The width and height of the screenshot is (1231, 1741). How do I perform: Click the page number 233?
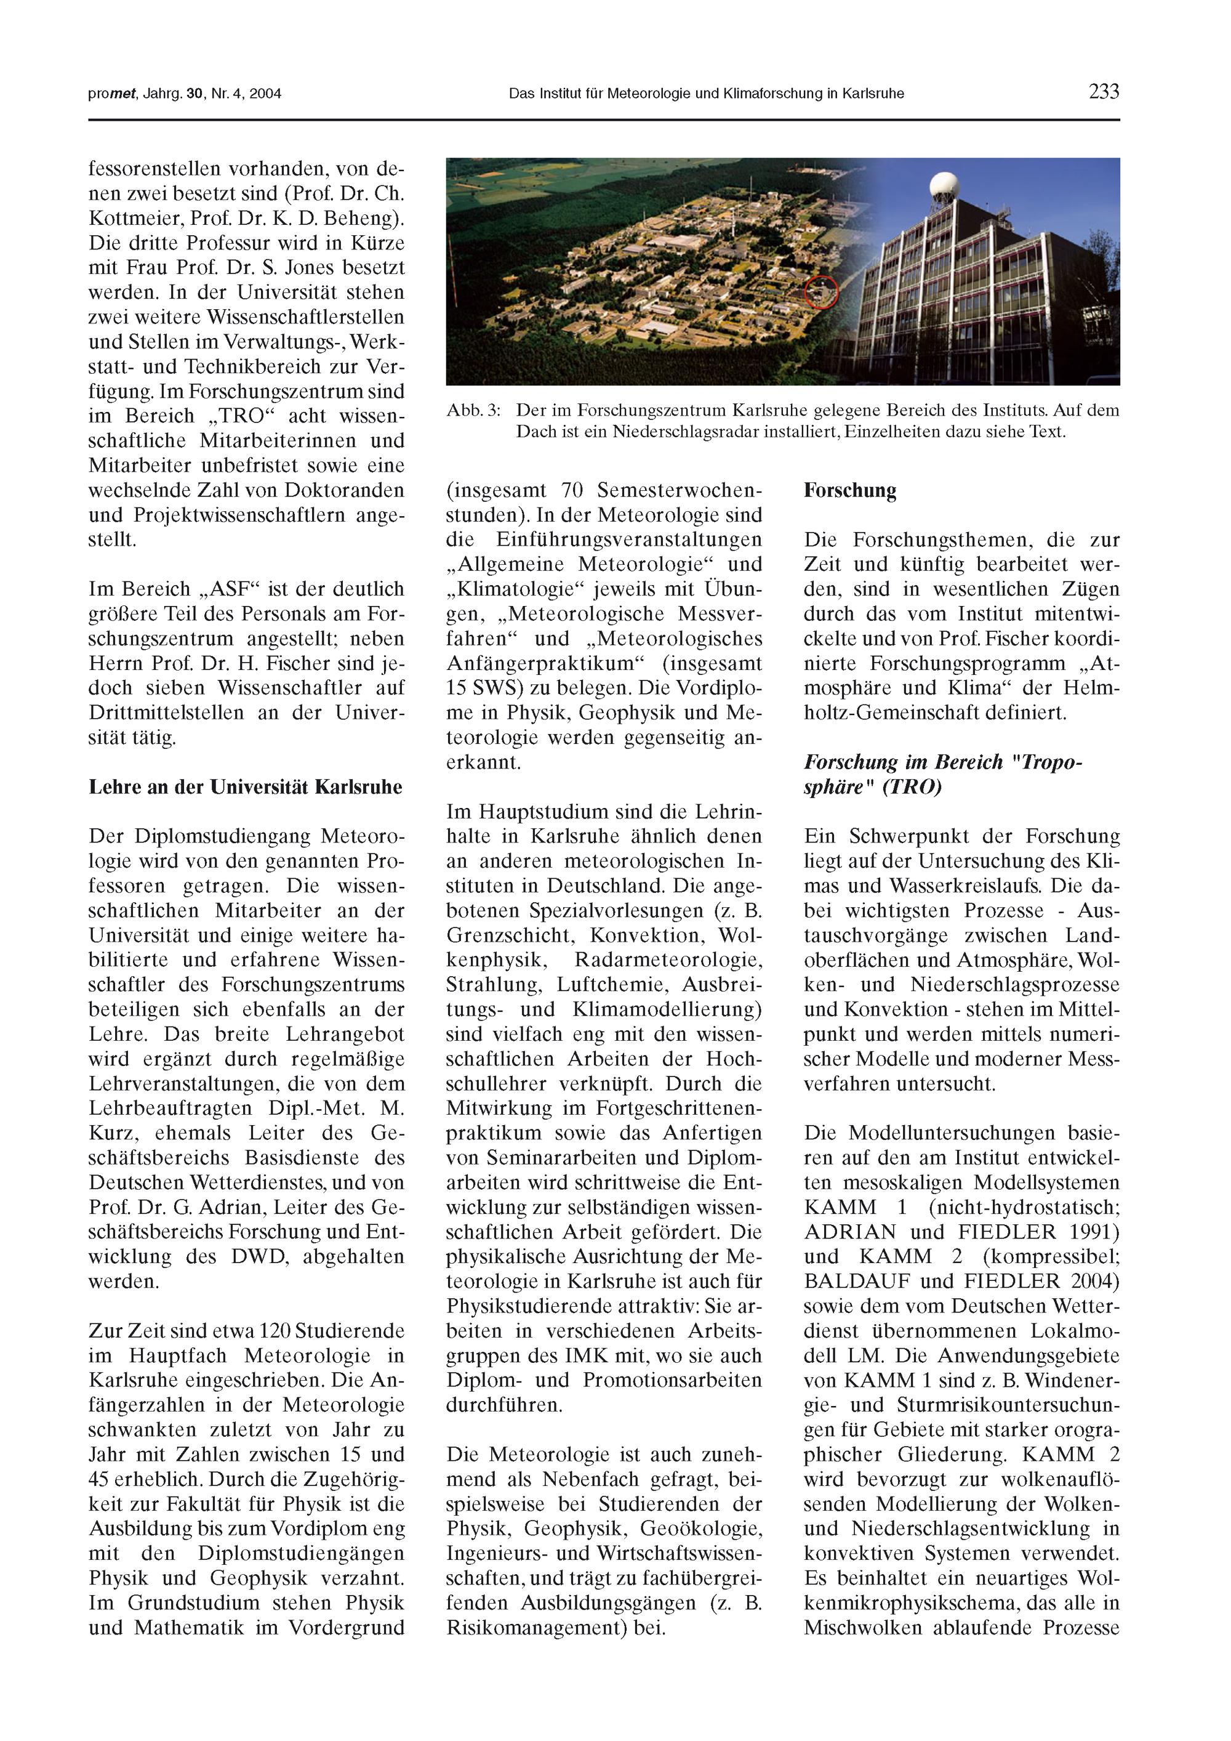1104,92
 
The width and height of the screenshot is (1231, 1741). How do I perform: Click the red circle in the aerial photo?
821,292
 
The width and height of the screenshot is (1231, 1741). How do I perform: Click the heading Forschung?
850,491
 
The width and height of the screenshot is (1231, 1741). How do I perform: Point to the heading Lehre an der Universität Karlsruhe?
246,786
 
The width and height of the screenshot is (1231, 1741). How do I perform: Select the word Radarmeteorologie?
668,960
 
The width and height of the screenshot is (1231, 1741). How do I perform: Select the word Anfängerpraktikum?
550,663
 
